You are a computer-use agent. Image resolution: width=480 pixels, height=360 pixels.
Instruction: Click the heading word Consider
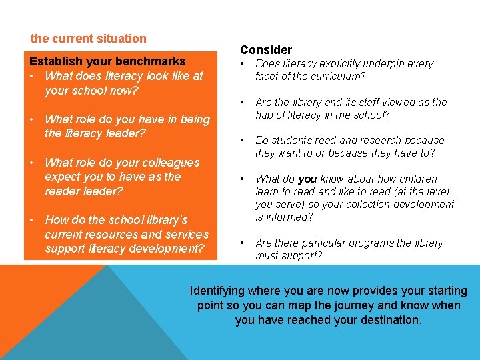266,50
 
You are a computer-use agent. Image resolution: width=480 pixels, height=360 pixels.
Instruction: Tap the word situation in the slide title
121,39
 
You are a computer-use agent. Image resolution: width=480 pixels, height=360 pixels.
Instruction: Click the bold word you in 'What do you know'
307,179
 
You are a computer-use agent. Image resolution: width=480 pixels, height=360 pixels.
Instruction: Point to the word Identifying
218,291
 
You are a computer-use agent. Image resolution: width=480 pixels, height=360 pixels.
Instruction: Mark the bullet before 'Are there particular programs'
243,243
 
